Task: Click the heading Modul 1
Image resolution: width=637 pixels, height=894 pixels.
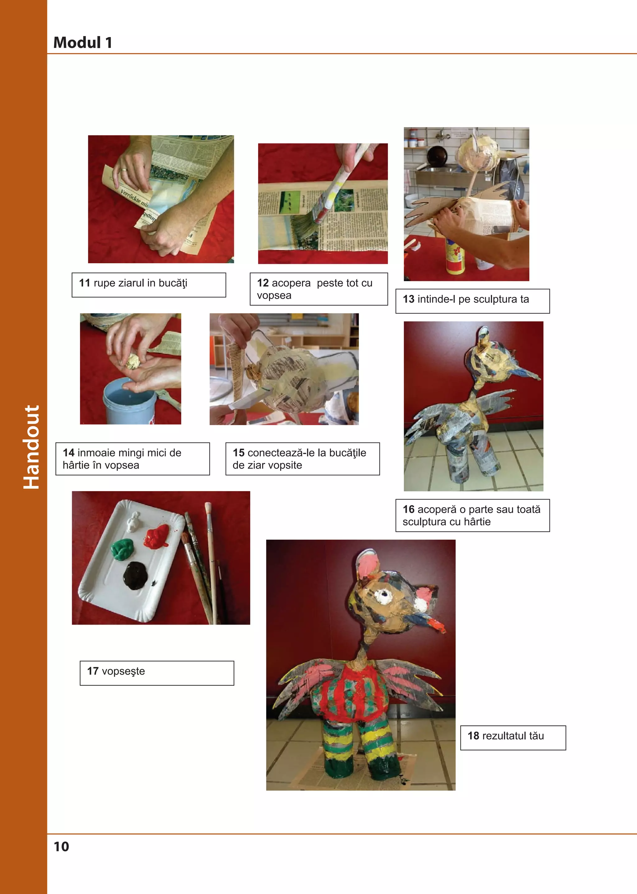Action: click(83, 42)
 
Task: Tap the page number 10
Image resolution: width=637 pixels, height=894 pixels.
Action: click(61, 846)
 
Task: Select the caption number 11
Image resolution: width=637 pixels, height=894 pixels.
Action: click(85, 283)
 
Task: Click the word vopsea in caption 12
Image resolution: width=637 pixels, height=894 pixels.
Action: click(274, 296)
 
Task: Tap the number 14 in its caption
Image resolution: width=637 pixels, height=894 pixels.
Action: click(69, 453)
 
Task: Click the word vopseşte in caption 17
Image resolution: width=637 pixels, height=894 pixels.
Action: click(123, 672)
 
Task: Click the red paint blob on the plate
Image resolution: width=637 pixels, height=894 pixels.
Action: click(158, 536)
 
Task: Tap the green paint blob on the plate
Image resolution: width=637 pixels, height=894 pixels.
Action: click(122, 548)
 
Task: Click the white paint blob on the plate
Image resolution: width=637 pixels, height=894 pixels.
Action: click(134, 520)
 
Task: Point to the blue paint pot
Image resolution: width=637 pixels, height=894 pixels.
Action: click(129, 404)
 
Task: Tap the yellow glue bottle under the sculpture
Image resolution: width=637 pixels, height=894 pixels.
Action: click(455, 257)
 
